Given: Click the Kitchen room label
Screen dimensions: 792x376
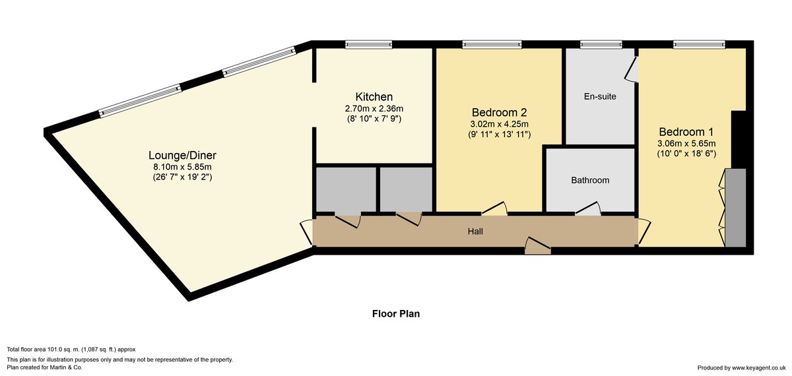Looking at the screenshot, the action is [x=374, y=96].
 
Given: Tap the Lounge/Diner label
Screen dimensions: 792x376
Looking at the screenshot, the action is [x=182, y=155].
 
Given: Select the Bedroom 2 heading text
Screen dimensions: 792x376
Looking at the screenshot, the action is [x=499, y=112].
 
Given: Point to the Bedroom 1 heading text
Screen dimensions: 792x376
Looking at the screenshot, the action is [x=686, y=132].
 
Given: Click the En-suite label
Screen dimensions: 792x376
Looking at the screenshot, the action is [x=600, y=96].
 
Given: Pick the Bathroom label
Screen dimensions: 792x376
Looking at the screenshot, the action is [x=590, y=180].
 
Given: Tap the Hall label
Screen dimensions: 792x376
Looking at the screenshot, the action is [x=475, y=232].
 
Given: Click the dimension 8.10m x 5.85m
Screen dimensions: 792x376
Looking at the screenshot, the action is [x=182, y=167].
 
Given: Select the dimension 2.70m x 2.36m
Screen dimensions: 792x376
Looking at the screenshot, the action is [x=374, y=108].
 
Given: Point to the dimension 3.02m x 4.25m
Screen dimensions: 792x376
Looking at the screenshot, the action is [x=499, y=124].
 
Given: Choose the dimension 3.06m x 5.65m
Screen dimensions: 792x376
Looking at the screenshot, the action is [x=686, y=144].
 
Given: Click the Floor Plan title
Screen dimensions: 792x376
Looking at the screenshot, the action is [x=396, y=314].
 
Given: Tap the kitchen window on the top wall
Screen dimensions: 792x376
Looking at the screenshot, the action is [x=369, y=44].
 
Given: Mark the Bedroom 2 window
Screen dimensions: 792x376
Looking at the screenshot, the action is [x=492, y=44].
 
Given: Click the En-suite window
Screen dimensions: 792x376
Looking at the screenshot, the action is [x=601, y=44].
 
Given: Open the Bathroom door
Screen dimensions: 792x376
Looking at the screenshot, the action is [x=588, y=208].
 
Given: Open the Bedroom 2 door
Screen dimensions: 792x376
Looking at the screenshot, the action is [x=494, y=208].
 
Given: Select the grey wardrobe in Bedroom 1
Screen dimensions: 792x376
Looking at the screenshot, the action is [x=735, y=207].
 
